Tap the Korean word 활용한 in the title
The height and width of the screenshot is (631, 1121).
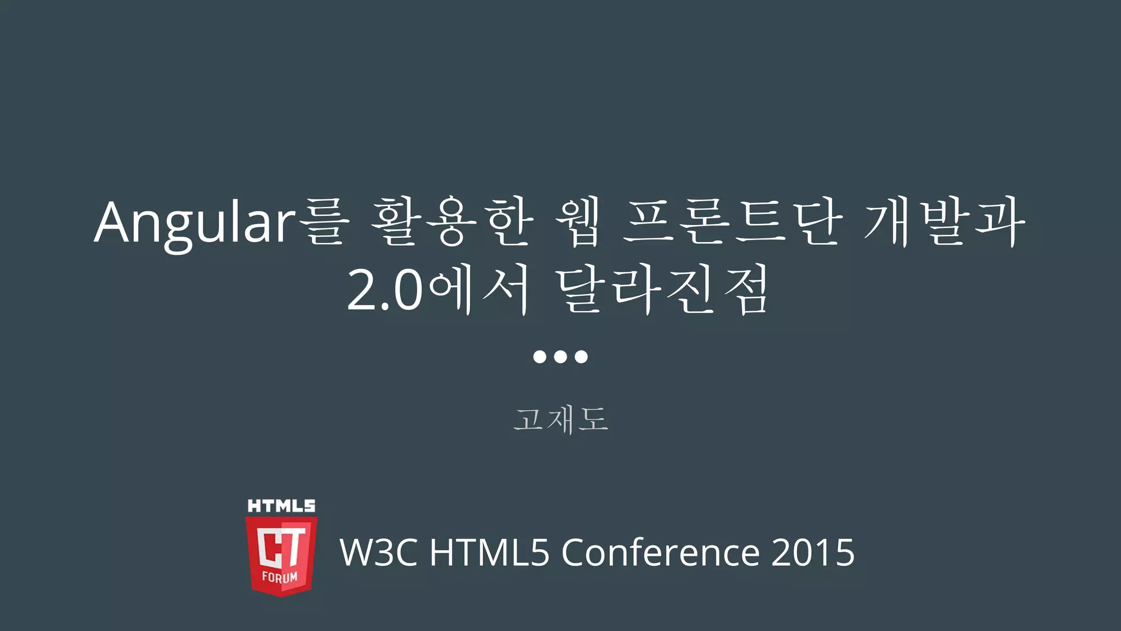click(x=452, y=222)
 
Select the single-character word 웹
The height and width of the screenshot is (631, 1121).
click(x=578, y=222)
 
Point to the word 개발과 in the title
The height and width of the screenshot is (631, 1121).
click(x=945, y=222)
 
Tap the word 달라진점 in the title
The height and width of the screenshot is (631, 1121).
click(x=662, y=290)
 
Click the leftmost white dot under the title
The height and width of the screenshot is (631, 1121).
click(x=540, y=357)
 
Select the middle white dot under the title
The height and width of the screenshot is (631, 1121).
click(x=560, y=357)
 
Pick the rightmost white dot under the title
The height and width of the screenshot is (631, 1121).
click(x=581, y=357)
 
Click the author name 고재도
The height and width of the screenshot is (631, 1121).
click(x=560, y=420)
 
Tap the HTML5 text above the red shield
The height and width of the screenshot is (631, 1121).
click(x=281, y=506)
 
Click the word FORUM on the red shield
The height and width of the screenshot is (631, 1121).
click(x=280, y=577)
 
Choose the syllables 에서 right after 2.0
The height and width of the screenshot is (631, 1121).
click(x=479, y=290)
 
